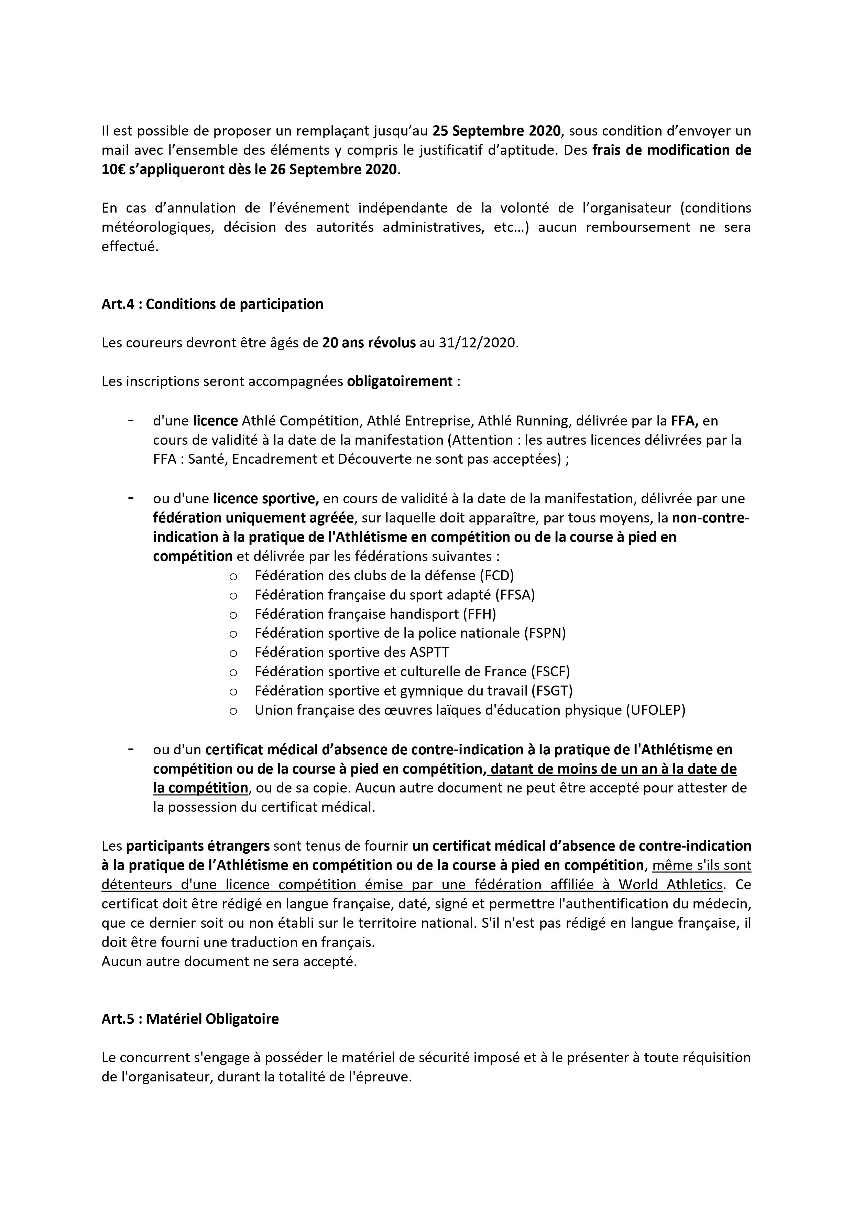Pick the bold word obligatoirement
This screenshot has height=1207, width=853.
400,381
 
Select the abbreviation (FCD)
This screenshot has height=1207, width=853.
497,575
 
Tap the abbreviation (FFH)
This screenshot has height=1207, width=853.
479,614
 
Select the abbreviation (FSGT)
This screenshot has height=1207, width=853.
552,691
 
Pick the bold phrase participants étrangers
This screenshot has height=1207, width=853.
198,847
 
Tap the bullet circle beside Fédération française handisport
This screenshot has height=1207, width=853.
233,615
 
